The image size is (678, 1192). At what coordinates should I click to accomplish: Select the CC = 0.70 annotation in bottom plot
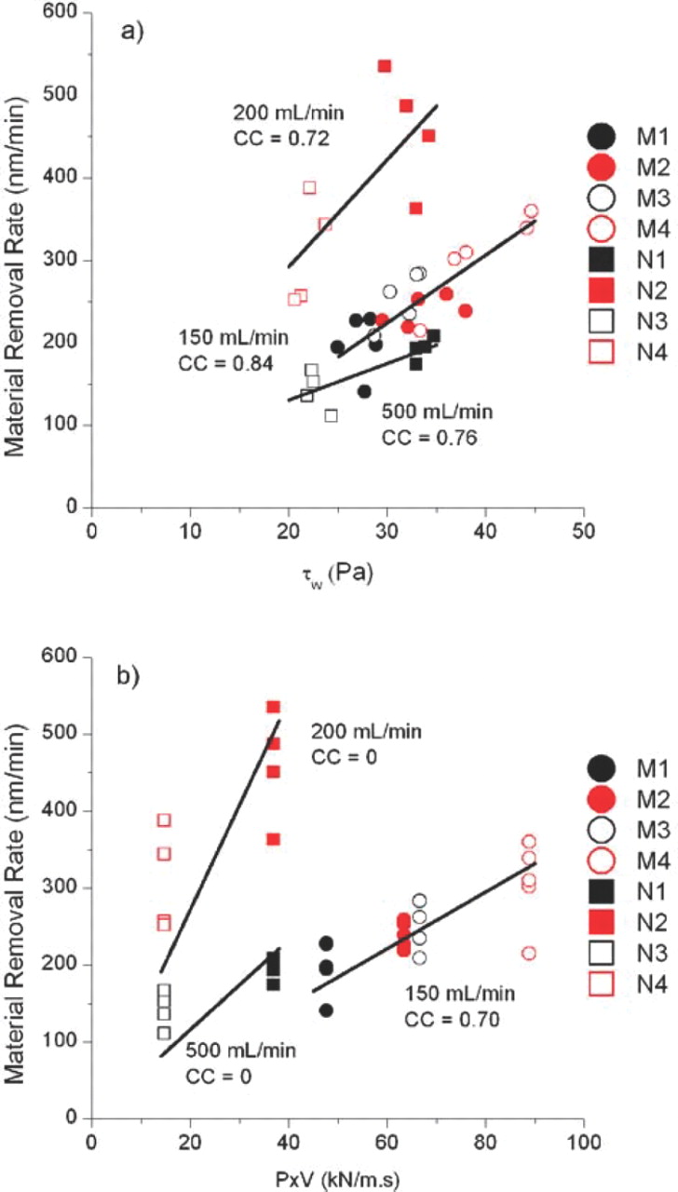click(x=452, y=1019)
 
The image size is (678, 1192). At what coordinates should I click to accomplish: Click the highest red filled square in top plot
click(x=385, y=66)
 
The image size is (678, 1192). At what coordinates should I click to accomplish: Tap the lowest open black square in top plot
click(x=331, y=415)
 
